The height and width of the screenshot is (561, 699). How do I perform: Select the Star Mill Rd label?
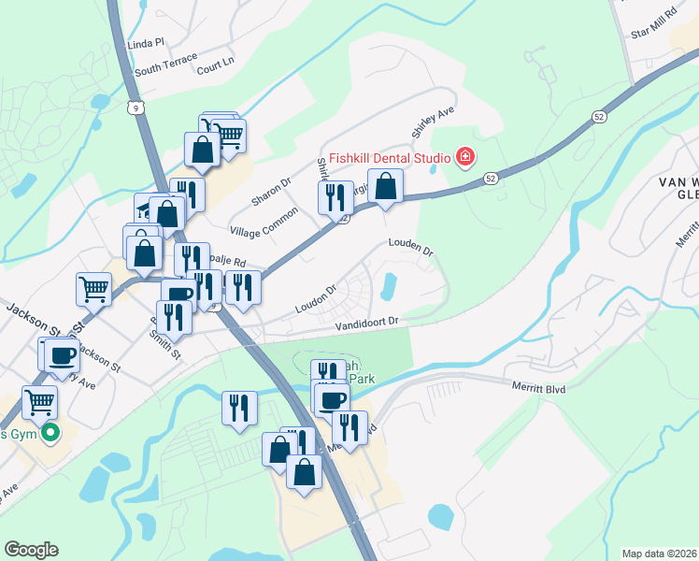coord(654,25)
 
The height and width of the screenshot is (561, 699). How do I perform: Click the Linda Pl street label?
coord(145,43)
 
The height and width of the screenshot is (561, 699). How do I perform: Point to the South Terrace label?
coord(165,65)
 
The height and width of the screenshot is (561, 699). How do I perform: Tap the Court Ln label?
coord(215,59)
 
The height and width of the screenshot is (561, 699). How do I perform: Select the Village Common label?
coord(264,222)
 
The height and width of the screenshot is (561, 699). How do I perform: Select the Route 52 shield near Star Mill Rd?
coord(597,116)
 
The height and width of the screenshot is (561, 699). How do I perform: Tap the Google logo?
coord(31,550)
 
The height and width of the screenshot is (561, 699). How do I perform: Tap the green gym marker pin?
coord(52,432)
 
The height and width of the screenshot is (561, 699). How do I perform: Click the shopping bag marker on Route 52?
coord(385,186)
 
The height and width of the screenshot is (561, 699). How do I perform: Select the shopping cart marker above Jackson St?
coord(93,288)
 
